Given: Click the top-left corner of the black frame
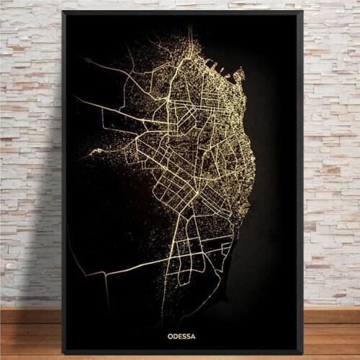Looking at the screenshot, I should coord(63,12).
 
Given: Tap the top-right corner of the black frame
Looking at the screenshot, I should coord(303,12).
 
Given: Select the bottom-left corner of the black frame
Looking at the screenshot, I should coord(63,354).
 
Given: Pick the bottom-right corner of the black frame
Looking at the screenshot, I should coord(303,354).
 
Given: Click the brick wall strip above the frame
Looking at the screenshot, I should coord(180,4).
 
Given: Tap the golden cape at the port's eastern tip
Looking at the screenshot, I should coord(241,73).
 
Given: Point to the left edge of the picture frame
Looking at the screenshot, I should coord(64,180).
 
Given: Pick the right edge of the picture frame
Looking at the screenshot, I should coord(301,180).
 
